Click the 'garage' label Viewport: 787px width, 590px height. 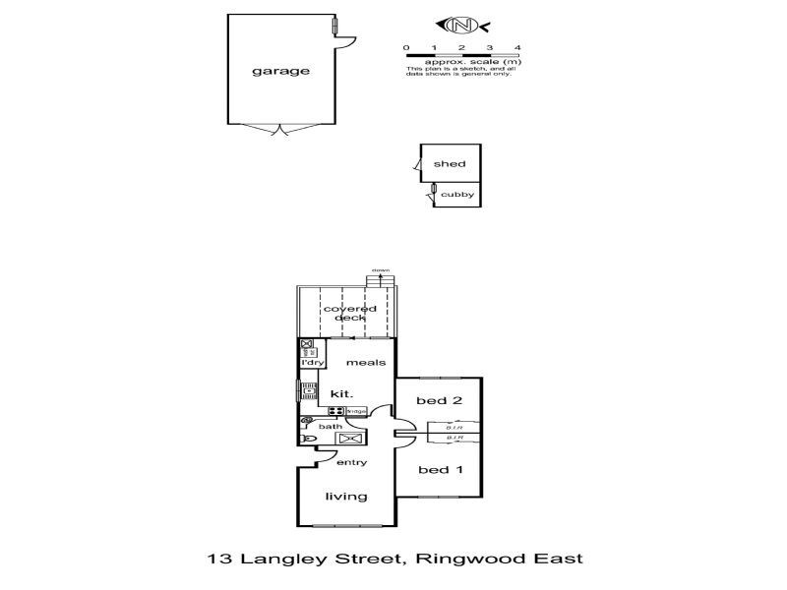[x=279, y=71]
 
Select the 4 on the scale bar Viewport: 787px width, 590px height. [x=517, y=47]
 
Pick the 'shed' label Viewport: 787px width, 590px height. [x=450, y=164]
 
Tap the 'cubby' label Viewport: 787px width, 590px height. [x=456, y=195]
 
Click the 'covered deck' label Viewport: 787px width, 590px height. [x=350, y=313]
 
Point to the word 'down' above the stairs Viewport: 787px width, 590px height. [x=381, y=269]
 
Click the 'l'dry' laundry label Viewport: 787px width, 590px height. [x=312, y=363]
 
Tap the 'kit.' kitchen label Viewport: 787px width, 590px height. [x=340, y=393]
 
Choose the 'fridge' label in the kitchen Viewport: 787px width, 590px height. [x=355, y=410]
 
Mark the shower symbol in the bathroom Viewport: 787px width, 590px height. [x=350, y=439]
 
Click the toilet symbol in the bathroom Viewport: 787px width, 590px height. [x=308, y=440]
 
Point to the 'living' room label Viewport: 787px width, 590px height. [x=347, y=497]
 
